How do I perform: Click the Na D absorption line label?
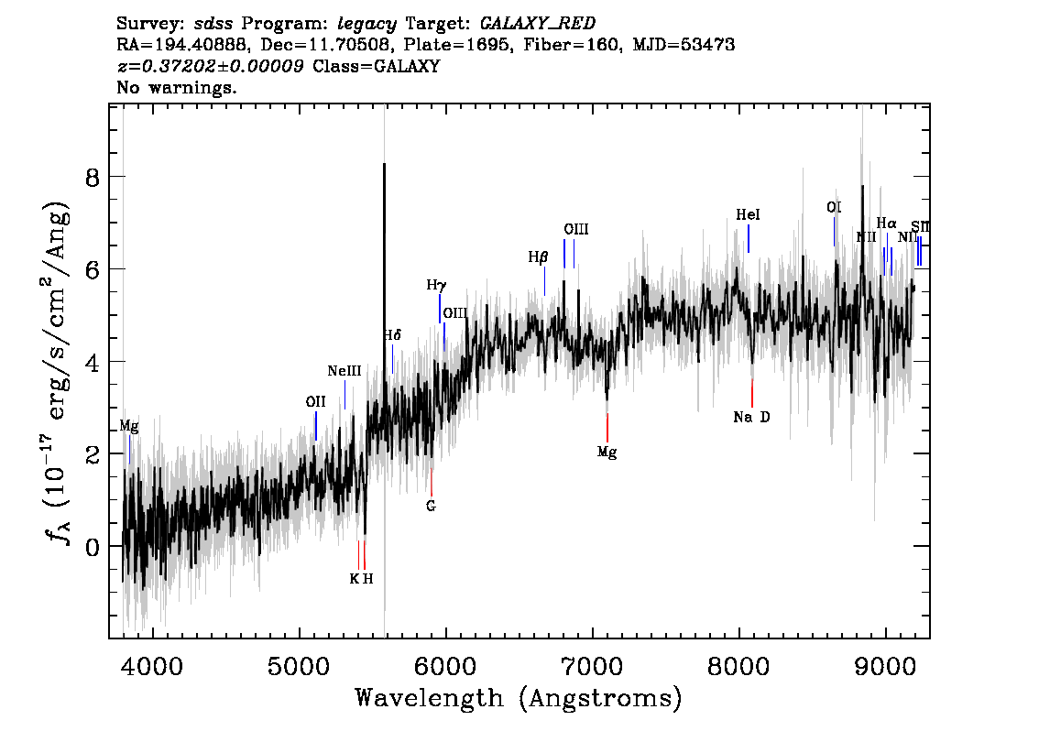751,418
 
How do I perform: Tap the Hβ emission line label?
538,257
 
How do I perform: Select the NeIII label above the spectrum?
345,371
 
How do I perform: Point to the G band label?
431,507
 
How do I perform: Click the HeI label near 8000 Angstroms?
749,214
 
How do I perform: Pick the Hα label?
887,224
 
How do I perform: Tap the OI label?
834,207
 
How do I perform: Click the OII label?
315,401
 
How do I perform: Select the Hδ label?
392,335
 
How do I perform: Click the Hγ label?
436,286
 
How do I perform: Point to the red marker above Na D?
752,393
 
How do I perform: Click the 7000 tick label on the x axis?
591,667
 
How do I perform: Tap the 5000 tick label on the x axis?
298,667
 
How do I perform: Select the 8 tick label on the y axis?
93,178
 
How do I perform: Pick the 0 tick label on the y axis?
93,547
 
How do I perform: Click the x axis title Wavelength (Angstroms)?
519,699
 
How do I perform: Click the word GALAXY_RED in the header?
538,23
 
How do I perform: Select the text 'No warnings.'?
176,87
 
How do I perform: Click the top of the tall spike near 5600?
384,164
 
